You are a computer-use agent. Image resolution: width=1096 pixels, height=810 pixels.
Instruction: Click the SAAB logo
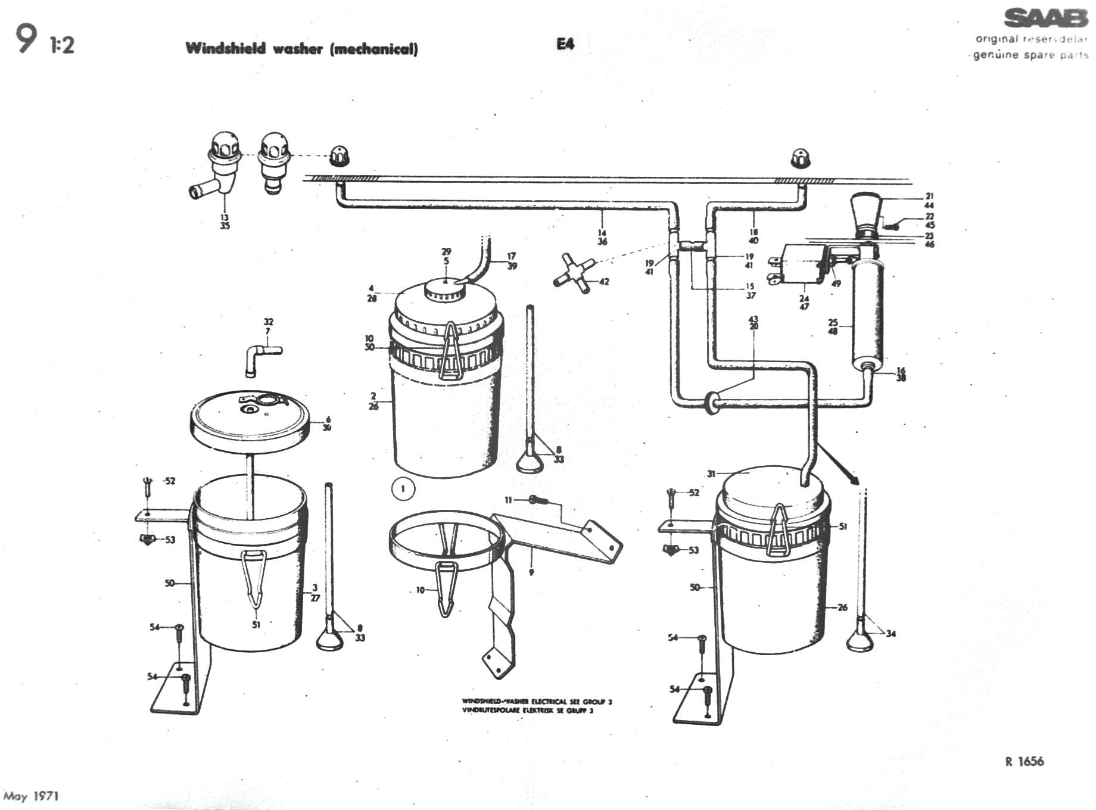pyautogui.click(x=1045, y=18)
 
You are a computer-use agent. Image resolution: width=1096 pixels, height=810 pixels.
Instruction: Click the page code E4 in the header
pyautogui.click(x=565, y=43)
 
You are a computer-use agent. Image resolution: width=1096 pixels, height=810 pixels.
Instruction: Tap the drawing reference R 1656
pyautogui.click(x=1024, y=761)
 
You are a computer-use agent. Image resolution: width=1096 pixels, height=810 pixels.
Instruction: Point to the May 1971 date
pyautogui.click(x=31, y=796)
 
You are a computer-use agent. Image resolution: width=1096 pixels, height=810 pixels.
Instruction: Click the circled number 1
pyautogui.click(x=403, y=490)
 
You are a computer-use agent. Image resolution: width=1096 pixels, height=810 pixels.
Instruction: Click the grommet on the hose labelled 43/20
pyautogui.click(x=711, y=402)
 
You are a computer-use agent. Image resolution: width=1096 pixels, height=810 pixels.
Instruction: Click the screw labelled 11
pyautogui.click(x=537, y=500)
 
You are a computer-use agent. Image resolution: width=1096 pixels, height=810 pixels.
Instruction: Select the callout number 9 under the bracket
pyautogui.click(x=531, y=572)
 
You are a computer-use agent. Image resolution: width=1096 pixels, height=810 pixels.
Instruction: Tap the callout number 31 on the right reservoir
pyautogui.click(x=711, y=474)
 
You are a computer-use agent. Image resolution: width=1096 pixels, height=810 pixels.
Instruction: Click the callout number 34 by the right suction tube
pyautogui.click(x=890, y=634)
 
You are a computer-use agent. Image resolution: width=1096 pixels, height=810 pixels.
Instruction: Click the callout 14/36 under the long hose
pyautogui.click(x=602, y=237)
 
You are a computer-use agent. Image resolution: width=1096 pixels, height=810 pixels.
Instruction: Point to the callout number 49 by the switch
pyautogui.click(x=836, y=283)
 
